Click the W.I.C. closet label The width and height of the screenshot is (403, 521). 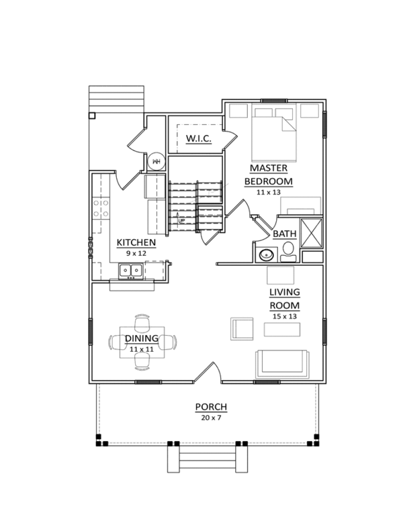pyautogui.click(x=198, y=138)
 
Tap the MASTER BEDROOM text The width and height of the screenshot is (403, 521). pyautogui.click(x=268, y=175)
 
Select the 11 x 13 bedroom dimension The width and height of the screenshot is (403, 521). pyautogui.click(x=268, y=192)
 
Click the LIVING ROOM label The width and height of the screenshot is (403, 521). pyautogui.click(x=284, y=298)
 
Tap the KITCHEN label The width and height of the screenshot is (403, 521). pyautogui.click(x=136, y=242)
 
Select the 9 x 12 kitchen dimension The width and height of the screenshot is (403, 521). pyautogui.click(x=136, y=254)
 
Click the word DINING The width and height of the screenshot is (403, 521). pyautogui.click(x=141, y=338)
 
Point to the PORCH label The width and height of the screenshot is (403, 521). pyautogui.click(x=211, y=407)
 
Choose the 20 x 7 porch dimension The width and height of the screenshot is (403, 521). pyautogui.click(x=211, y=418)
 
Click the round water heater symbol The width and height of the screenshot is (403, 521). pyautogui.click(x=156, y=161)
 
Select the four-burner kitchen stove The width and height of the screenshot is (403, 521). pyautogui.click(x=101, y=207)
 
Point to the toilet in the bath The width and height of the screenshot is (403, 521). pyautogui.click(x=289, y=251)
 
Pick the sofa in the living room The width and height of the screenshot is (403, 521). pyautogui.click(x=281, y=363)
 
